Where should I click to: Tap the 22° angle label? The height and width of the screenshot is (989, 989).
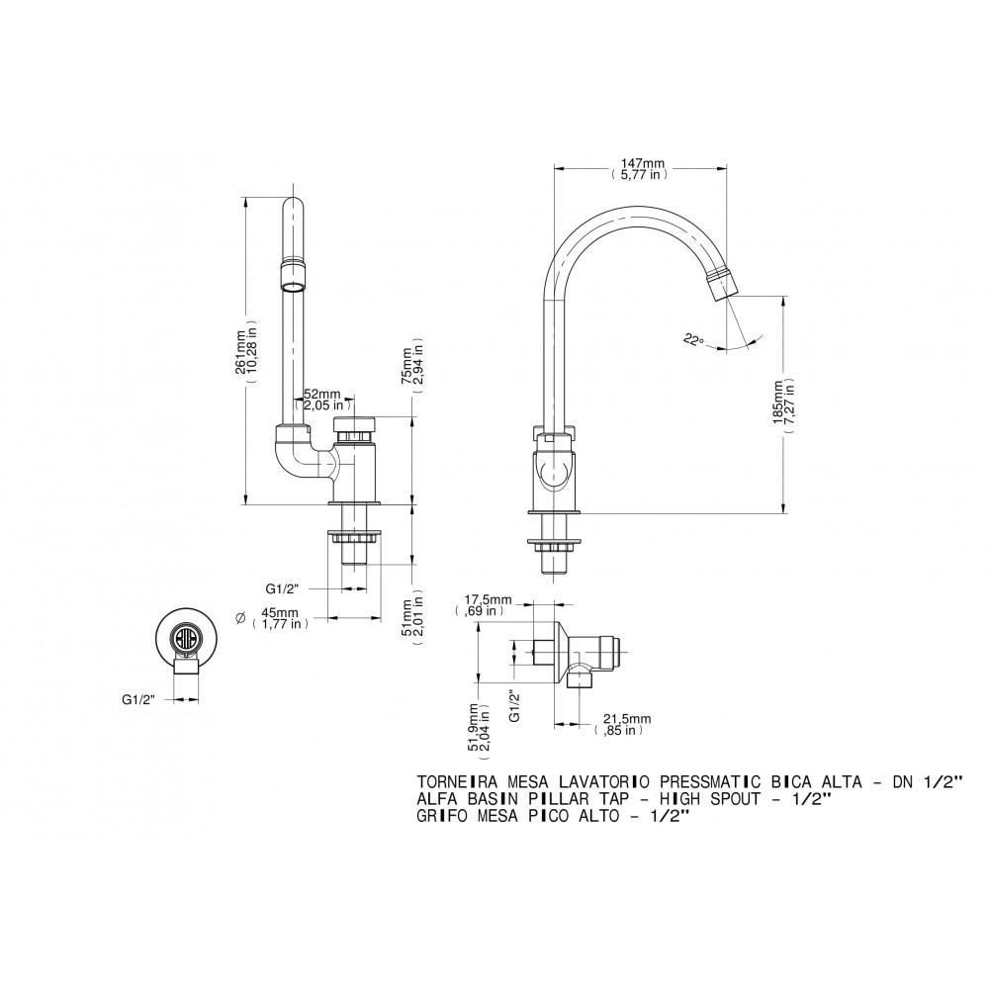click(693, 339)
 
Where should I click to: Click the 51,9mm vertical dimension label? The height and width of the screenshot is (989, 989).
click(480, 730)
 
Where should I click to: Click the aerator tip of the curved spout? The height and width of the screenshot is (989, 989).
click(726, 282)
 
